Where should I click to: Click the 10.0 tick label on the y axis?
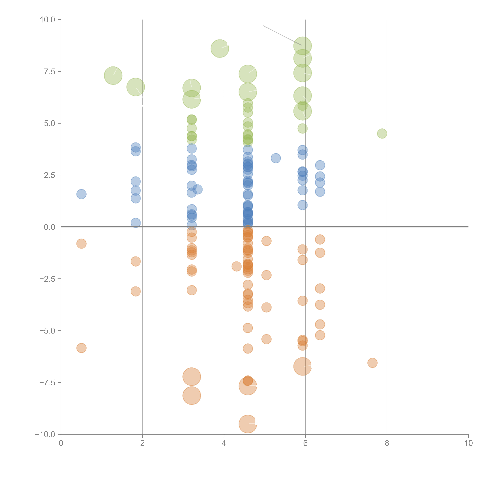pos(48,20)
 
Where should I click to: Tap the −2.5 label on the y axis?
pos(48,279)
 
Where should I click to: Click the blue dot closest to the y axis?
pos(81,194)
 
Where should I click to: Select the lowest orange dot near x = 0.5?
pos(81,348)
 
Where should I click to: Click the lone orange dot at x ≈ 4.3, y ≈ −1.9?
pos(236,266)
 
